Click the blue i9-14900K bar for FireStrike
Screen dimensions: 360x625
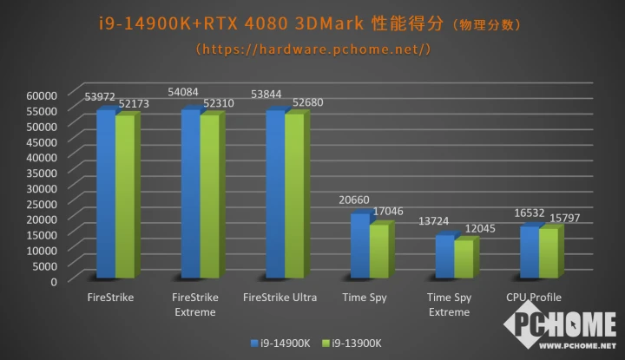105,195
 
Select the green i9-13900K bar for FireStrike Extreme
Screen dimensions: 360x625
209,197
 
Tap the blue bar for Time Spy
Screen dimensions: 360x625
359,246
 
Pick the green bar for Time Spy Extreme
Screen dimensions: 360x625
464,259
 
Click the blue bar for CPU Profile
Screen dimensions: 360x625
529,252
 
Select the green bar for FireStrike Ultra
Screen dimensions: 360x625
294,196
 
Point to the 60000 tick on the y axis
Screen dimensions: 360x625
41,95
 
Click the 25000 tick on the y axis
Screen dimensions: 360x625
41,203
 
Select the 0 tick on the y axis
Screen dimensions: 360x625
53,281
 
